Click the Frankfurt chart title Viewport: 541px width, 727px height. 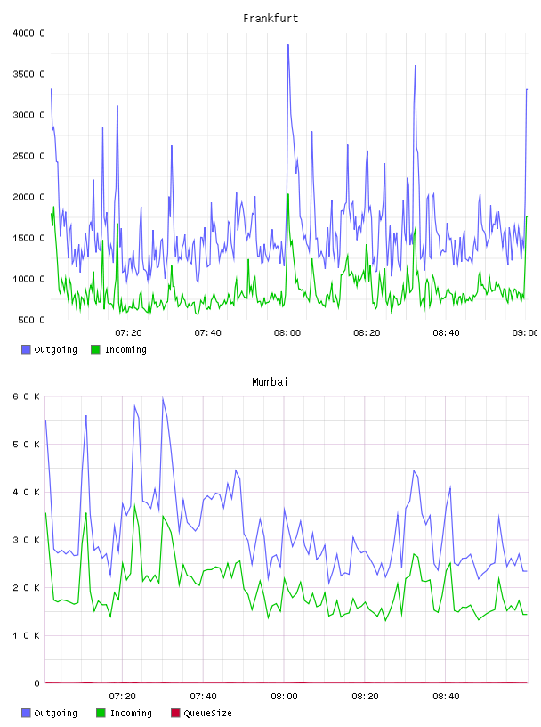click(270, 19)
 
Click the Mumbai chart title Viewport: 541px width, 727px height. click(270, 382)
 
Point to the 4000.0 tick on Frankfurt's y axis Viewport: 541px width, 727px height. click(28, 33)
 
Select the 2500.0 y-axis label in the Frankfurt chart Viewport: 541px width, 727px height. click(28, 156)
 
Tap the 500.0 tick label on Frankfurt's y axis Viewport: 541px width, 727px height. click(31, 320)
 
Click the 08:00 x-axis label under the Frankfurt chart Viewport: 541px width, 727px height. click(287, 333)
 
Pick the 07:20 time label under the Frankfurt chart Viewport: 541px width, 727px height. click(128, 333)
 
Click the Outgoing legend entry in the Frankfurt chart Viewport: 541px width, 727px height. click(49, 349)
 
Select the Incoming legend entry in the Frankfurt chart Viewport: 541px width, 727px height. click(118, 349)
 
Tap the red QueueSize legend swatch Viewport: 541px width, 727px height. click(175, 713)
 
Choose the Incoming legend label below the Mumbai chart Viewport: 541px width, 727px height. click(131, 713)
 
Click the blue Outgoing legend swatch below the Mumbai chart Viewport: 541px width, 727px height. click(26, 713)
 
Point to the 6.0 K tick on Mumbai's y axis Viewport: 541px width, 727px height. click(26, 396)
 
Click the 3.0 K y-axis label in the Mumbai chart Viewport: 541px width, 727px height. click(26, 540)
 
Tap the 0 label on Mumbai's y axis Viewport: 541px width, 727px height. click(36, 683)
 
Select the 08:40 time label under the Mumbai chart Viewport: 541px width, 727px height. click(446, 697)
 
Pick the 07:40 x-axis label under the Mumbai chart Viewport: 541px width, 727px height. click(203, 697)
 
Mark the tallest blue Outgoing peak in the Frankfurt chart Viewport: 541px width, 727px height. click(288, 45)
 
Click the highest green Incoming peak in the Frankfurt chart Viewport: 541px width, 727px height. click(287, 194)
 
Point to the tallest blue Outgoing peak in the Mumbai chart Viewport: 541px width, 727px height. click(163, 398)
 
